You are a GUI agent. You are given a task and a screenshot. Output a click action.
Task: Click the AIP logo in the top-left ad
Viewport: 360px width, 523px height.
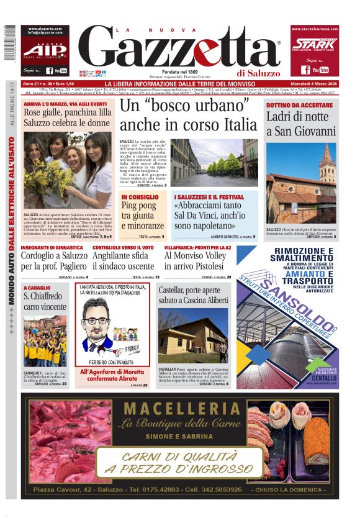coord(45,50)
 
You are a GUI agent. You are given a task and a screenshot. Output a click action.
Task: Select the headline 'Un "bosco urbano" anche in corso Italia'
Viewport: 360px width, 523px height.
coord(187,115)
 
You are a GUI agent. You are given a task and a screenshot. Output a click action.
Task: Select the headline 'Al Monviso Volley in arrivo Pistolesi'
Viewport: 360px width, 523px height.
coord(197,260)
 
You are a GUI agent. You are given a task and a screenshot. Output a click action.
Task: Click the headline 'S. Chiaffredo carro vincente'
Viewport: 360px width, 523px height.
coord(45,301)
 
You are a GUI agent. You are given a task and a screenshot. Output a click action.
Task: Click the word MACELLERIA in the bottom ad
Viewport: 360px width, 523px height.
coord(182,409)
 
